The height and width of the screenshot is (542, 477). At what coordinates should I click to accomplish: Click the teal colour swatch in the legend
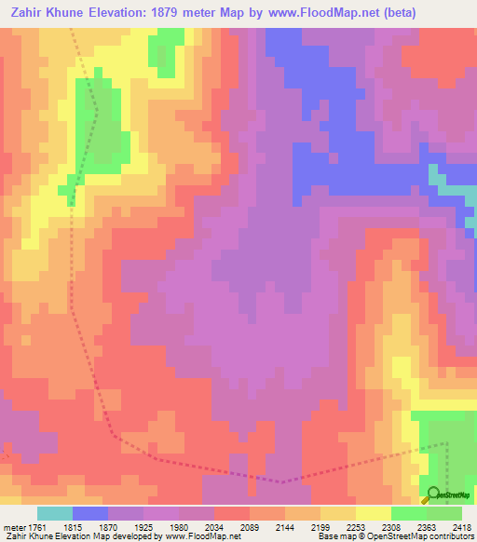(x=55, y=513)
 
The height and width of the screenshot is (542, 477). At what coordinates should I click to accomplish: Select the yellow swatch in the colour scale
(x=374, y=513)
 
